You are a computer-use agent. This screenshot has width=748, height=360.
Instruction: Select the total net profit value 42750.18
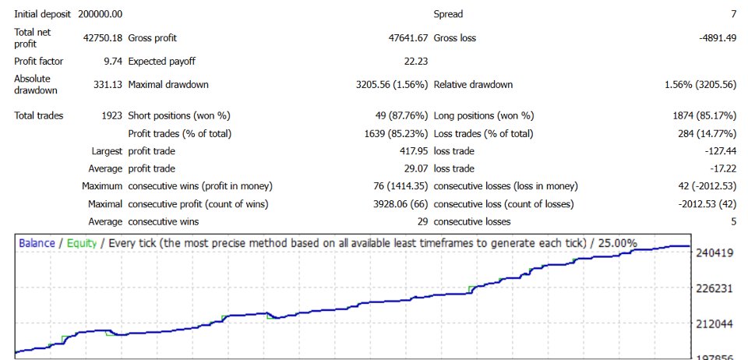[x=102, y=37]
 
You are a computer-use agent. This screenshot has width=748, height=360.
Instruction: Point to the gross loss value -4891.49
[x=714, y=37]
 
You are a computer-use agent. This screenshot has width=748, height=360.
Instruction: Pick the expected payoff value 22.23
[x=415, y=61]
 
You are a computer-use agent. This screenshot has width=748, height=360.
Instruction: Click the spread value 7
[x=733, y=14]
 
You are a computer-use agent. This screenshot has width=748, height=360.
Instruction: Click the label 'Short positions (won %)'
[x=179, y=115]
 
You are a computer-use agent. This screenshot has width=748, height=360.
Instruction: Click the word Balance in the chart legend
[x=36, y=243]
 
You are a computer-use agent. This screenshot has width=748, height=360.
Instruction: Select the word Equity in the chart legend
[x=82, y=243]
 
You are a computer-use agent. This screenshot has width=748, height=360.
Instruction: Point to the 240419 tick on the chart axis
[x=714, y=252]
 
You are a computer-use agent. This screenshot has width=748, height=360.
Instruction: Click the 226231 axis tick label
[x=714, y=288]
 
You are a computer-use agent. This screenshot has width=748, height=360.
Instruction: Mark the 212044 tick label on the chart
[x=714, y=323]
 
